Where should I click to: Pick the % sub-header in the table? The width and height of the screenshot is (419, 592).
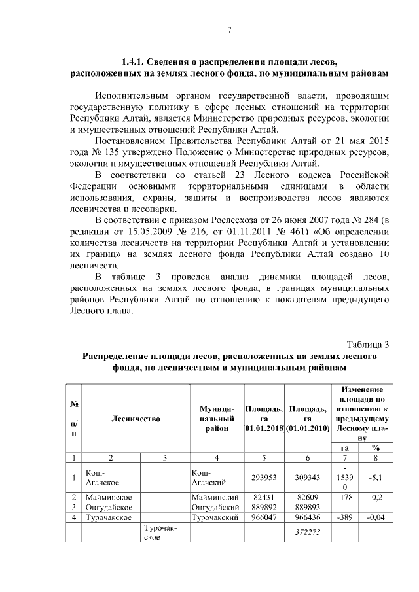(376, 447)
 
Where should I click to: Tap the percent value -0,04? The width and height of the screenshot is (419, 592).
(376, 517)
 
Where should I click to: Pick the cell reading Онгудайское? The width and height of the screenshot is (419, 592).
(109, 507)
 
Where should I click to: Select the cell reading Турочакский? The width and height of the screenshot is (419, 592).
(214, 517)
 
